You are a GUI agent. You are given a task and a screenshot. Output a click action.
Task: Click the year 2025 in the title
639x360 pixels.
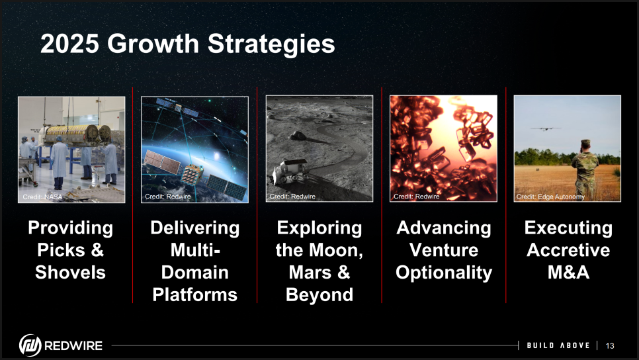(69, 44)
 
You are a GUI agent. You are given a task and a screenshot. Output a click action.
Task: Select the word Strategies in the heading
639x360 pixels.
(271, 45)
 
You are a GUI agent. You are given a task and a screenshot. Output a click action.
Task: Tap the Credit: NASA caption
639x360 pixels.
(42, 197)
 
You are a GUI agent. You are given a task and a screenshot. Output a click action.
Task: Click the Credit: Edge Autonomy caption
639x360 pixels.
(550, 197)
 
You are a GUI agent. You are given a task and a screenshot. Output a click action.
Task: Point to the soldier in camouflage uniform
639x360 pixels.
(585, 167)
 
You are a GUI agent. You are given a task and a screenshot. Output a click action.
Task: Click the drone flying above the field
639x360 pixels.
(545, 129)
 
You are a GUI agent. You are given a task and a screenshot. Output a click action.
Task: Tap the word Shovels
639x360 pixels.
(71, 273)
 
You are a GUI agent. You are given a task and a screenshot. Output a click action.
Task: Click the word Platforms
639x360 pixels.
(194, 294)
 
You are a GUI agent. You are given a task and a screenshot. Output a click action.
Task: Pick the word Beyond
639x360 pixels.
(319, 294)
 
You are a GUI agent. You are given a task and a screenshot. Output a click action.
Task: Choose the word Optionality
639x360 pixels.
(444, 273)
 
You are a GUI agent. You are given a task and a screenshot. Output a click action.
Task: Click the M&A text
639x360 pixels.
(568, 273)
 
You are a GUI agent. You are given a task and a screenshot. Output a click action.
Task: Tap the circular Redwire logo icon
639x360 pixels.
(30, 345)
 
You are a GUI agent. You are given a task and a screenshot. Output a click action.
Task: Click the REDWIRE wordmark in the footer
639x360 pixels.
(73, 345)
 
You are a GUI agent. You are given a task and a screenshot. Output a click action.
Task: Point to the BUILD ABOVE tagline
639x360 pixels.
(558, 345)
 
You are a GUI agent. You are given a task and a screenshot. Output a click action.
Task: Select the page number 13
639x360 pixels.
(610, 345)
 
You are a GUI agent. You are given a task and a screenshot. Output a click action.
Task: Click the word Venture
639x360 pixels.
(444, 250)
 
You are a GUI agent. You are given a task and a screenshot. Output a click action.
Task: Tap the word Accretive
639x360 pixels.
(568, 250)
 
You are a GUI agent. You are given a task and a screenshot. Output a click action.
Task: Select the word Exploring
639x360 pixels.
(319, 228)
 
